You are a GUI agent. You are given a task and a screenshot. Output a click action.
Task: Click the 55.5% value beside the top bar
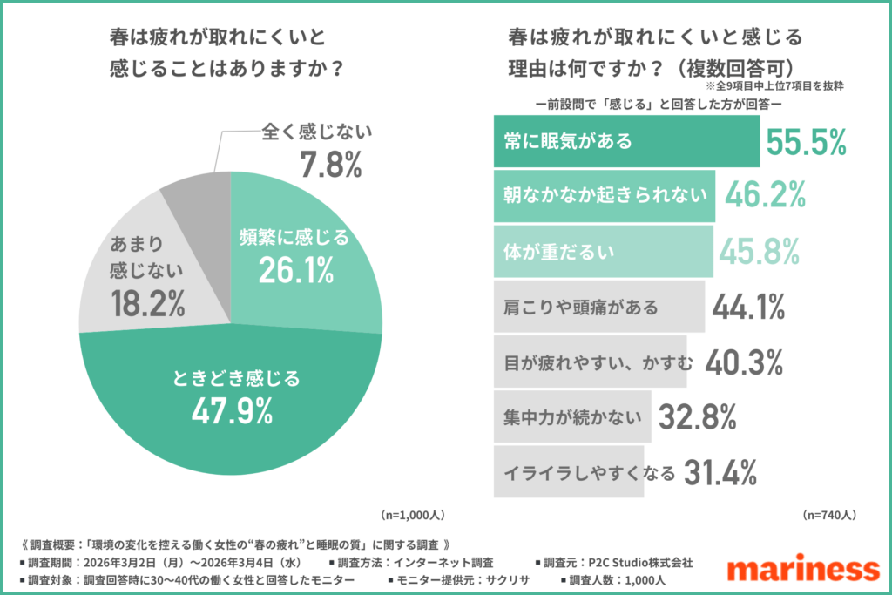806,140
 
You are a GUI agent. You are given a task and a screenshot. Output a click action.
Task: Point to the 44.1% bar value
749,307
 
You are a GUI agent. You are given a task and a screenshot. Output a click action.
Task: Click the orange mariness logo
802,570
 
